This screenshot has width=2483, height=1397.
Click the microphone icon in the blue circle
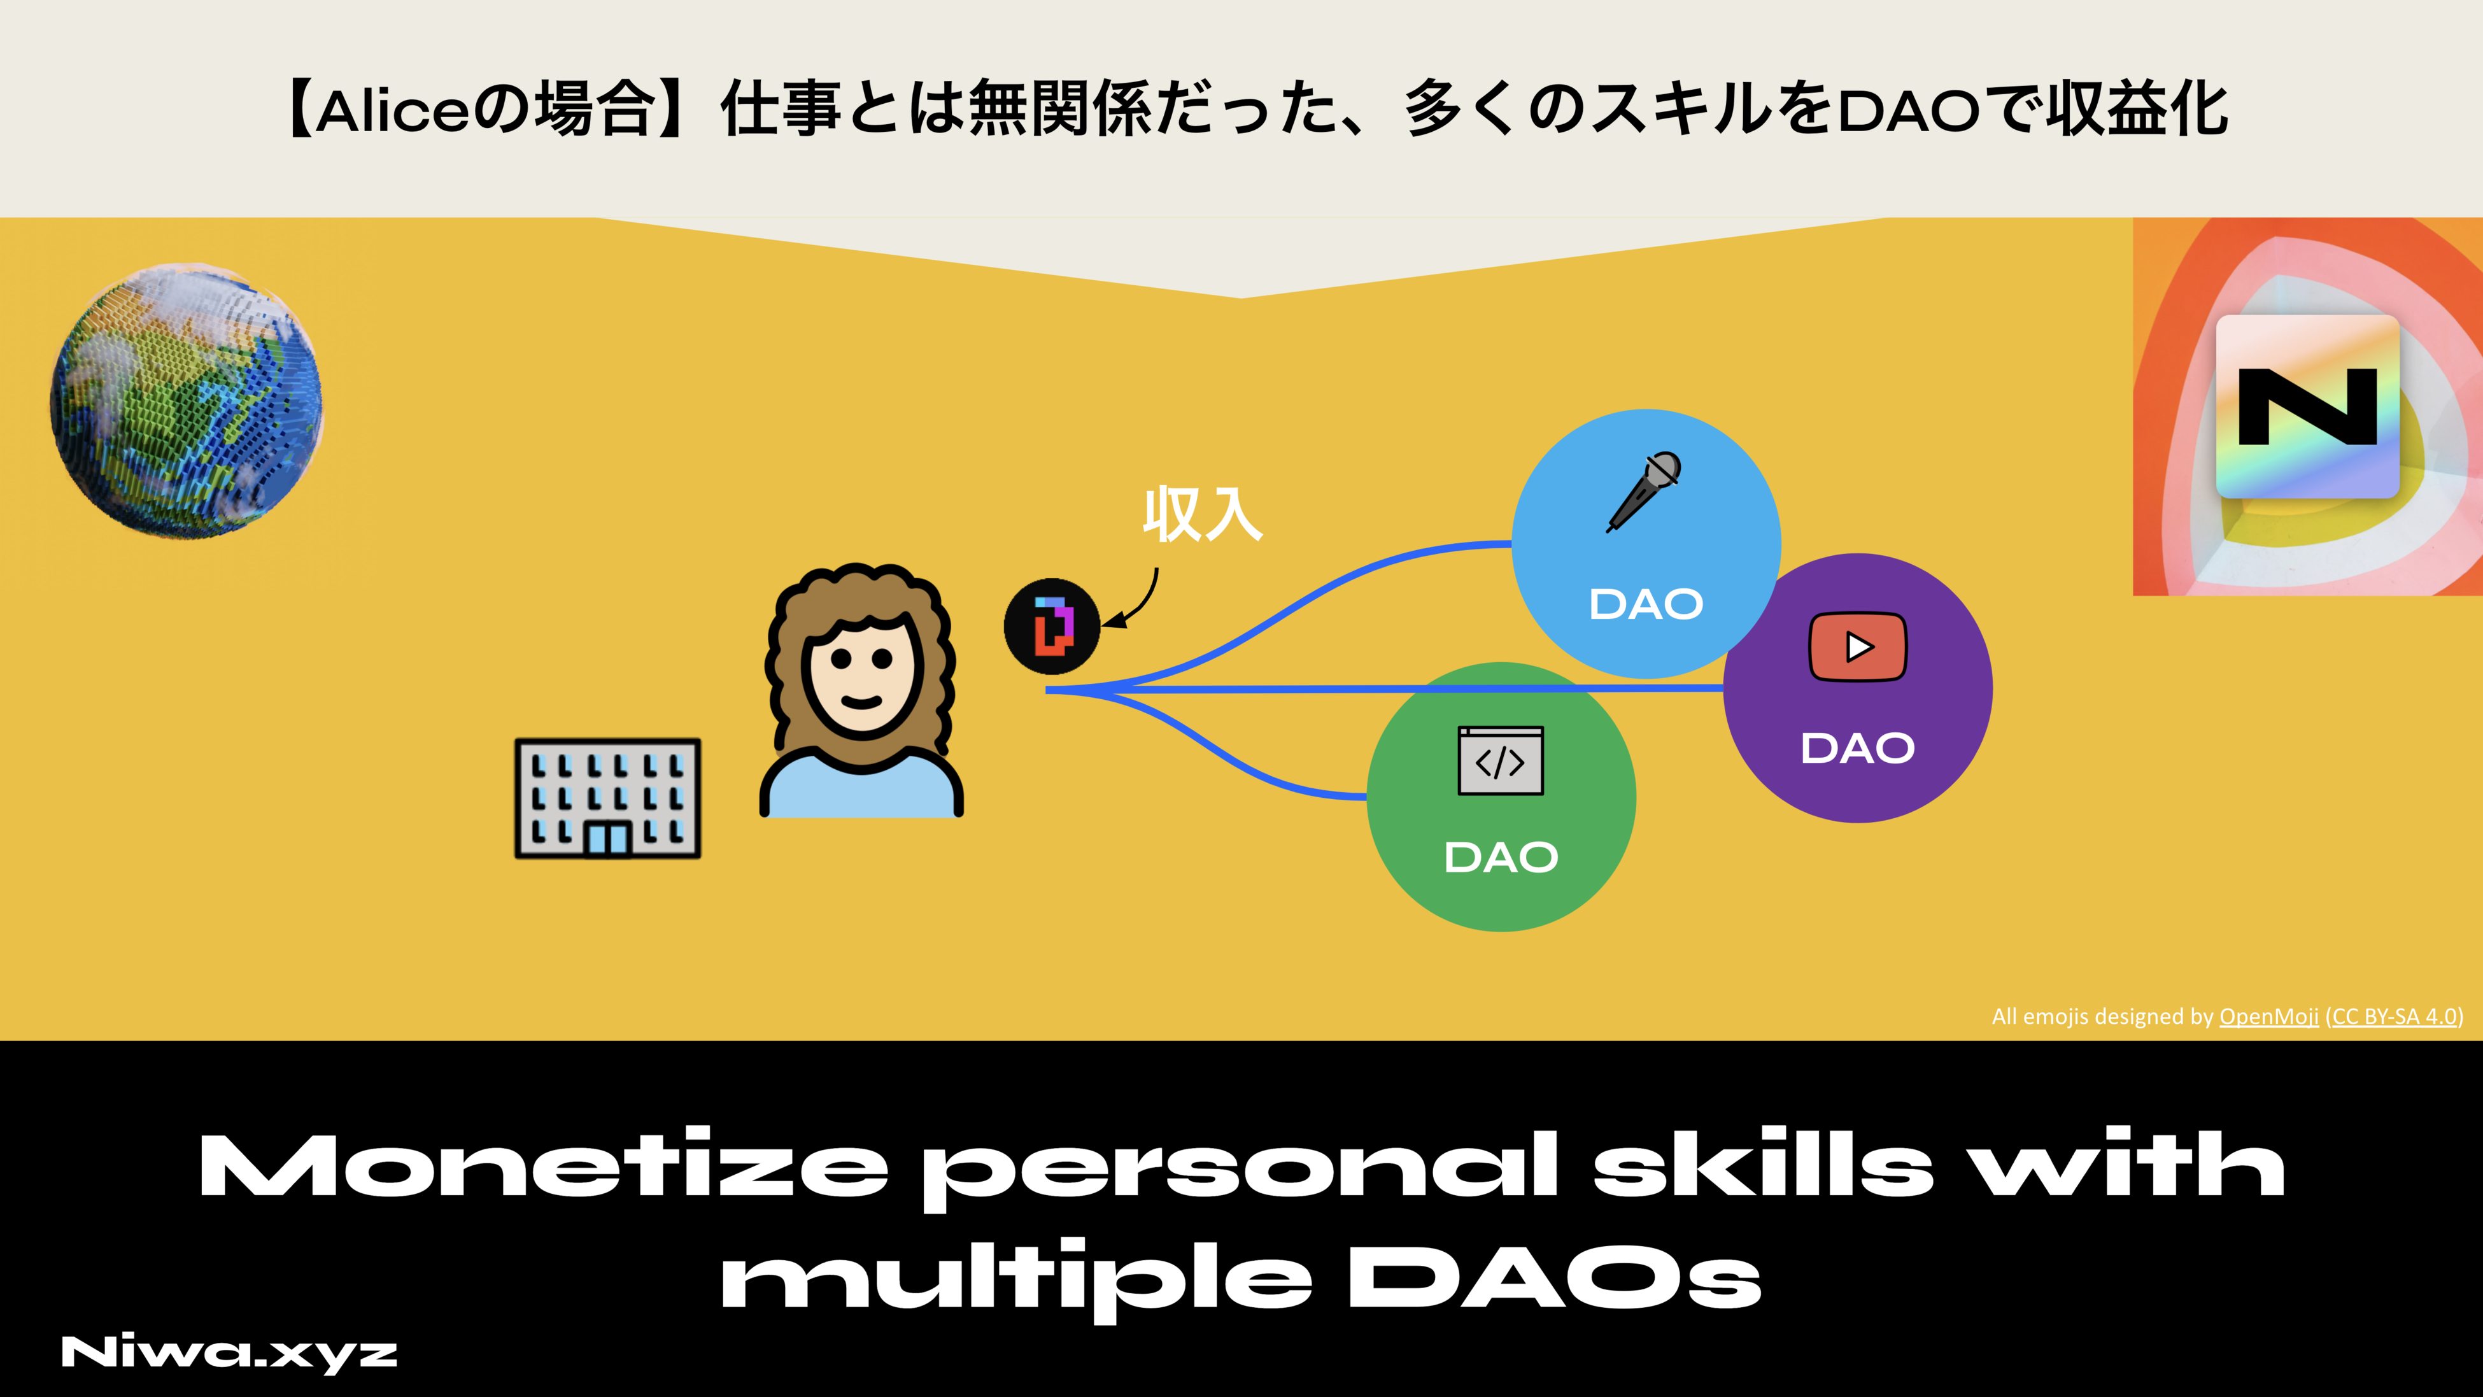(1645, 491)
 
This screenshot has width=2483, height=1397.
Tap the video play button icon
(1857, 647)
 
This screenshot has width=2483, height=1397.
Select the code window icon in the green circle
(1500, 761)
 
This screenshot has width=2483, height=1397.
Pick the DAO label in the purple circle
(1857, 749)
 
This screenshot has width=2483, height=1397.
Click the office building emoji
(607, 798)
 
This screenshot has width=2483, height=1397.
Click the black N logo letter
(2307, 407)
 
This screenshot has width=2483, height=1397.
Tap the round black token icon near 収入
(1052, 626)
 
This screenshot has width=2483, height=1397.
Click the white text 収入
(1202, 515)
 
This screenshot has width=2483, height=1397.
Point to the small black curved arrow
(1135, 602)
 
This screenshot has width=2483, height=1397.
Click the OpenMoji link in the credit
(2268, 1016)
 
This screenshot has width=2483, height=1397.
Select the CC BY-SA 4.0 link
(2393, 1016)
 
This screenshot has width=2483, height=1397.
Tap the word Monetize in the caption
(542, 1166)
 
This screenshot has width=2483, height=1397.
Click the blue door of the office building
(607, 838)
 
